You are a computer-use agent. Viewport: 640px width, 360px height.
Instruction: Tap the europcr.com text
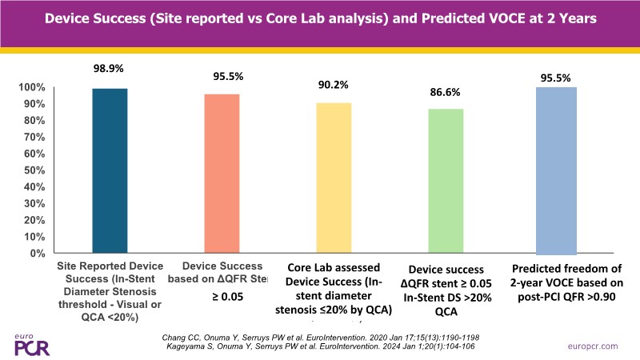pos(592,346)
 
